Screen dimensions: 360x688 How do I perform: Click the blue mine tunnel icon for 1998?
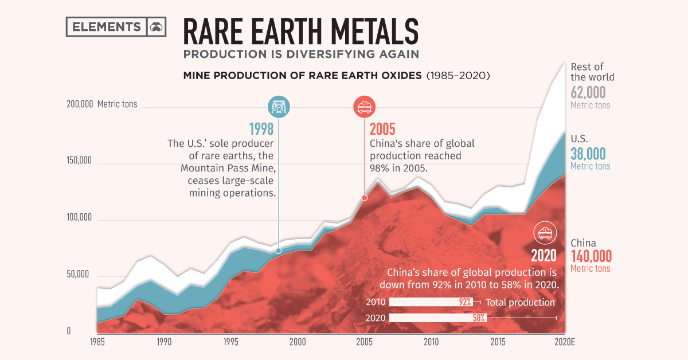279,107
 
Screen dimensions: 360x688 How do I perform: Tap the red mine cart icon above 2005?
363,107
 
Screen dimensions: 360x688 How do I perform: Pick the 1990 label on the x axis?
163,342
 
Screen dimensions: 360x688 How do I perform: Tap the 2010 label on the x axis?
431,342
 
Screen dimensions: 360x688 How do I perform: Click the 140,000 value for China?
591,256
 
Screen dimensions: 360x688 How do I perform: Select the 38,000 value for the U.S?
588,153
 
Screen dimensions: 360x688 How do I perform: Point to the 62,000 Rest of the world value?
588,92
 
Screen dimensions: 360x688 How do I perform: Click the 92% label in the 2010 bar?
464,302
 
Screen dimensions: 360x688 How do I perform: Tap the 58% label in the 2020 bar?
479,318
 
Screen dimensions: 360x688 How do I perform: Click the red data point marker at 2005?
364,198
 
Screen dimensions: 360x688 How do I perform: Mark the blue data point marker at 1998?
279,251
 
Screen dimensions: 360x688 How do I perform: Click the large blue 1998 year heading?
261,129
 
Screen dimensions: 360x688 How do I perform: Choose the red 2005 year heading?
382,129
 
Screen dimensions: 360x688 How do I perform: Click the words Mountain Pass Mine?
228,168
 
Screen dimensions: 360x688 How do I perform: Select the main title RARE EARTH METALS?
300,31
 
